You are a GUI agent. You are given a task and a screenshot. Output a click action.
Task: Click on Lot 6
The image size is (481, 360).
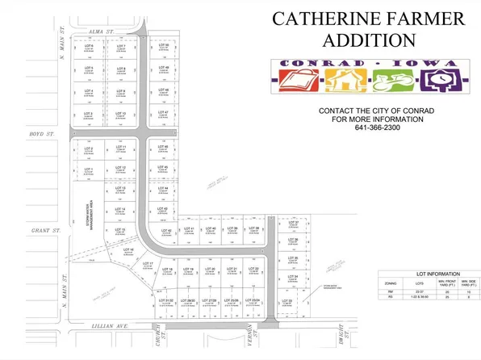[90, 47]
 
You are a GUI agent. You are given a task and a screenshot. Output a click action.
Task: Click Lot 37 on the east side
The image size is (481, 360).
[294, 224]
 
